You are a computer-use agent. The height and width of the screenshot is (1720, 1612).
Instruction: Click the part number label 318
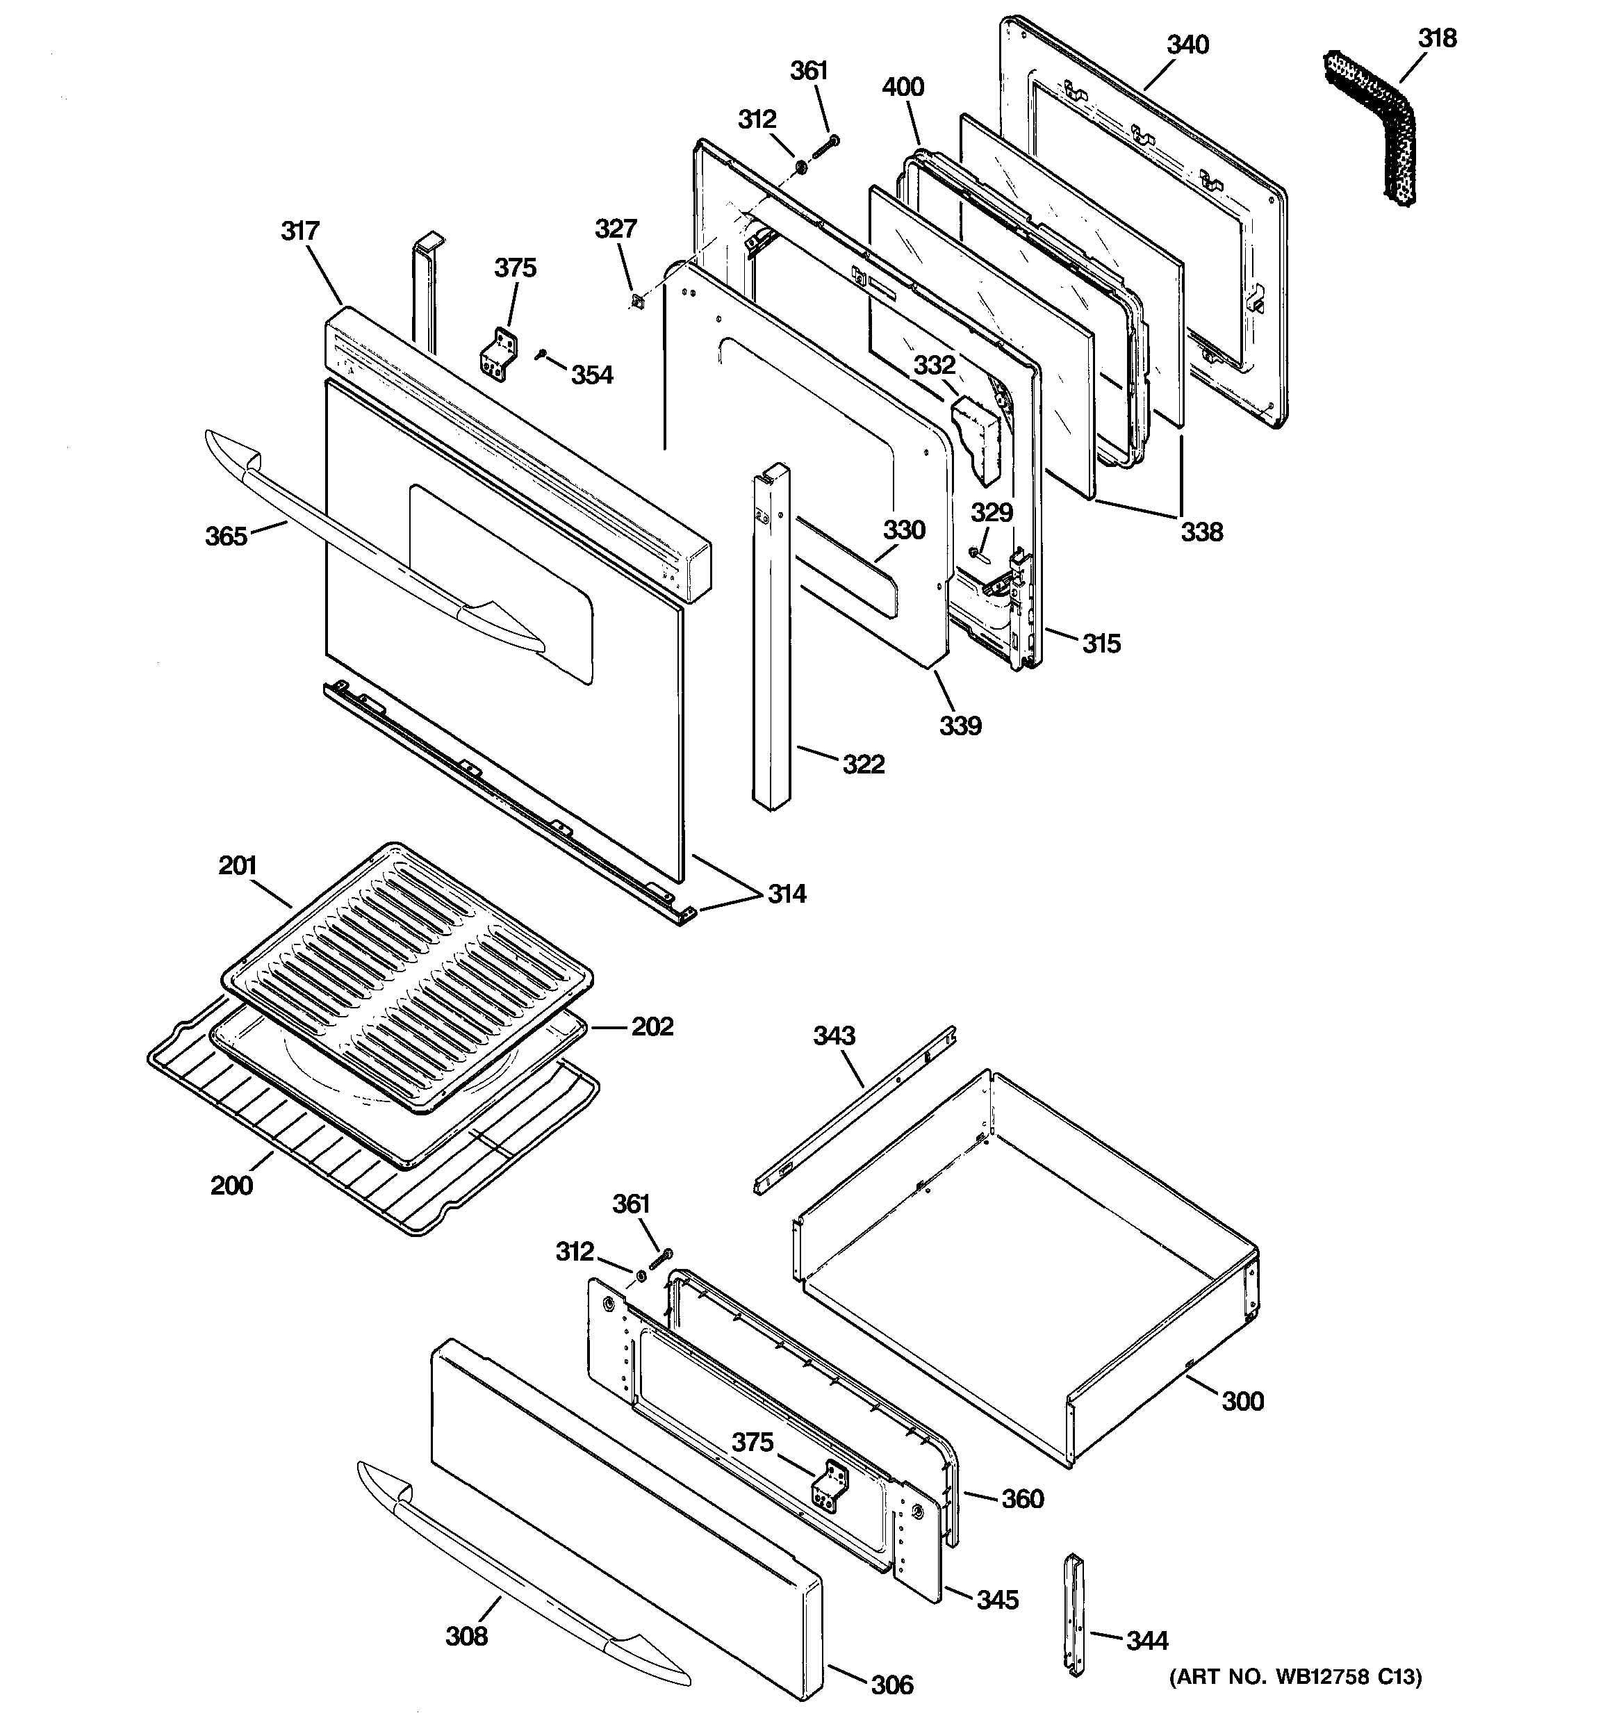1437,39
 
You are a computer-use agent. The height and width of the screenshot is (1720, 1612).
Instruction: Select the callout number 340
1187,45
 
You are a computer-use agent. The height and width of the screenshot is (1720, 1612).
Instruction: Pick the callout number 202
652,1026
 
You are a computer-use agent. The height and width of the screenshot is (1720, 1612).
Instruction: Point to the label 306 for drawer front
891,1684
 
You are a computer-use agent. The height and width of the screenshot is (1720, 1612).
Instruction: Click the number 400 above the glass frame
903,88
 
